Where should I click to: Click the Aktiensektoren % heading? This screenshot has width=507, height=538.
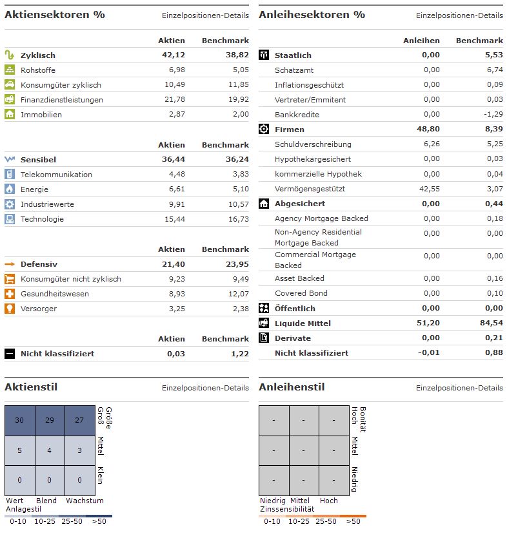[x=54, y=14]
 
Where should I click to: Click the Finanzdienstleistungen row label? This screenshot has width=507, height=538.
[x=62, y=100]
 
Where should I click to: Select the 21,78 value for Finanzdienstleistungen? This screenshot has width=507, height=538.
[x=174, y=100]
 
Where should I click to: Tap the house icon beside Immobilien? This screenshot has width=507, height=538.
[x=10, y=114]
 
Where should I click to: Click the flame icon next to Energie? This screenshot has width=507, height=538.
[x=10, y=189]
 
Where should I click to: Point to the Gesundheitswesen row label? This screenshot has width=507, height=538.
[x=55, y=294]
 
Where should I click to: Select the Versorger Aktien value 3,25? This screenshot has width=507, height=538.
[x=175, y=309]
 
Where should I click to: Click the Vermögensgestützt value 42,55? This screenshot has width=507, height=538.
[x=428, y=189]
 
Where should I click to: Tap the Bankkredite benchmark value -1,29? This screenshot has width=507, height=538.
[x=492, y=115]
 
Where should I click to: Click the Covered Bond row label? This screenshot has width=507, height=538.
[x=301, y=293]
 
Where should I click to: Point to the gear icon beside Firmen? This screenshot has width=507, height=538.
[x=264, y=129]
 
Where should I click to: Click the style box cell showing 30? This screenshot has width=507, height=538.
[x=19, y=421]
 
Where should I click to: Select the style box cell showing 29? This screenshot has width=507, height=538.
[x=50, y=421]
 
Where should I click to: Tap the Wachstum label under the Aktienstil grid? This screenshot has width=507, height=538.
[x=84, y=501]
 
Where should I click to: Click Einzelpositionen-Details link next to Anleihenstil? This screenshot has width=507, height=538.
[x=459, y=388]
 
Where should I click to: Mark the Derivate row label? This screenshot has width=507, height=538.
[x=292, y=338]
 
